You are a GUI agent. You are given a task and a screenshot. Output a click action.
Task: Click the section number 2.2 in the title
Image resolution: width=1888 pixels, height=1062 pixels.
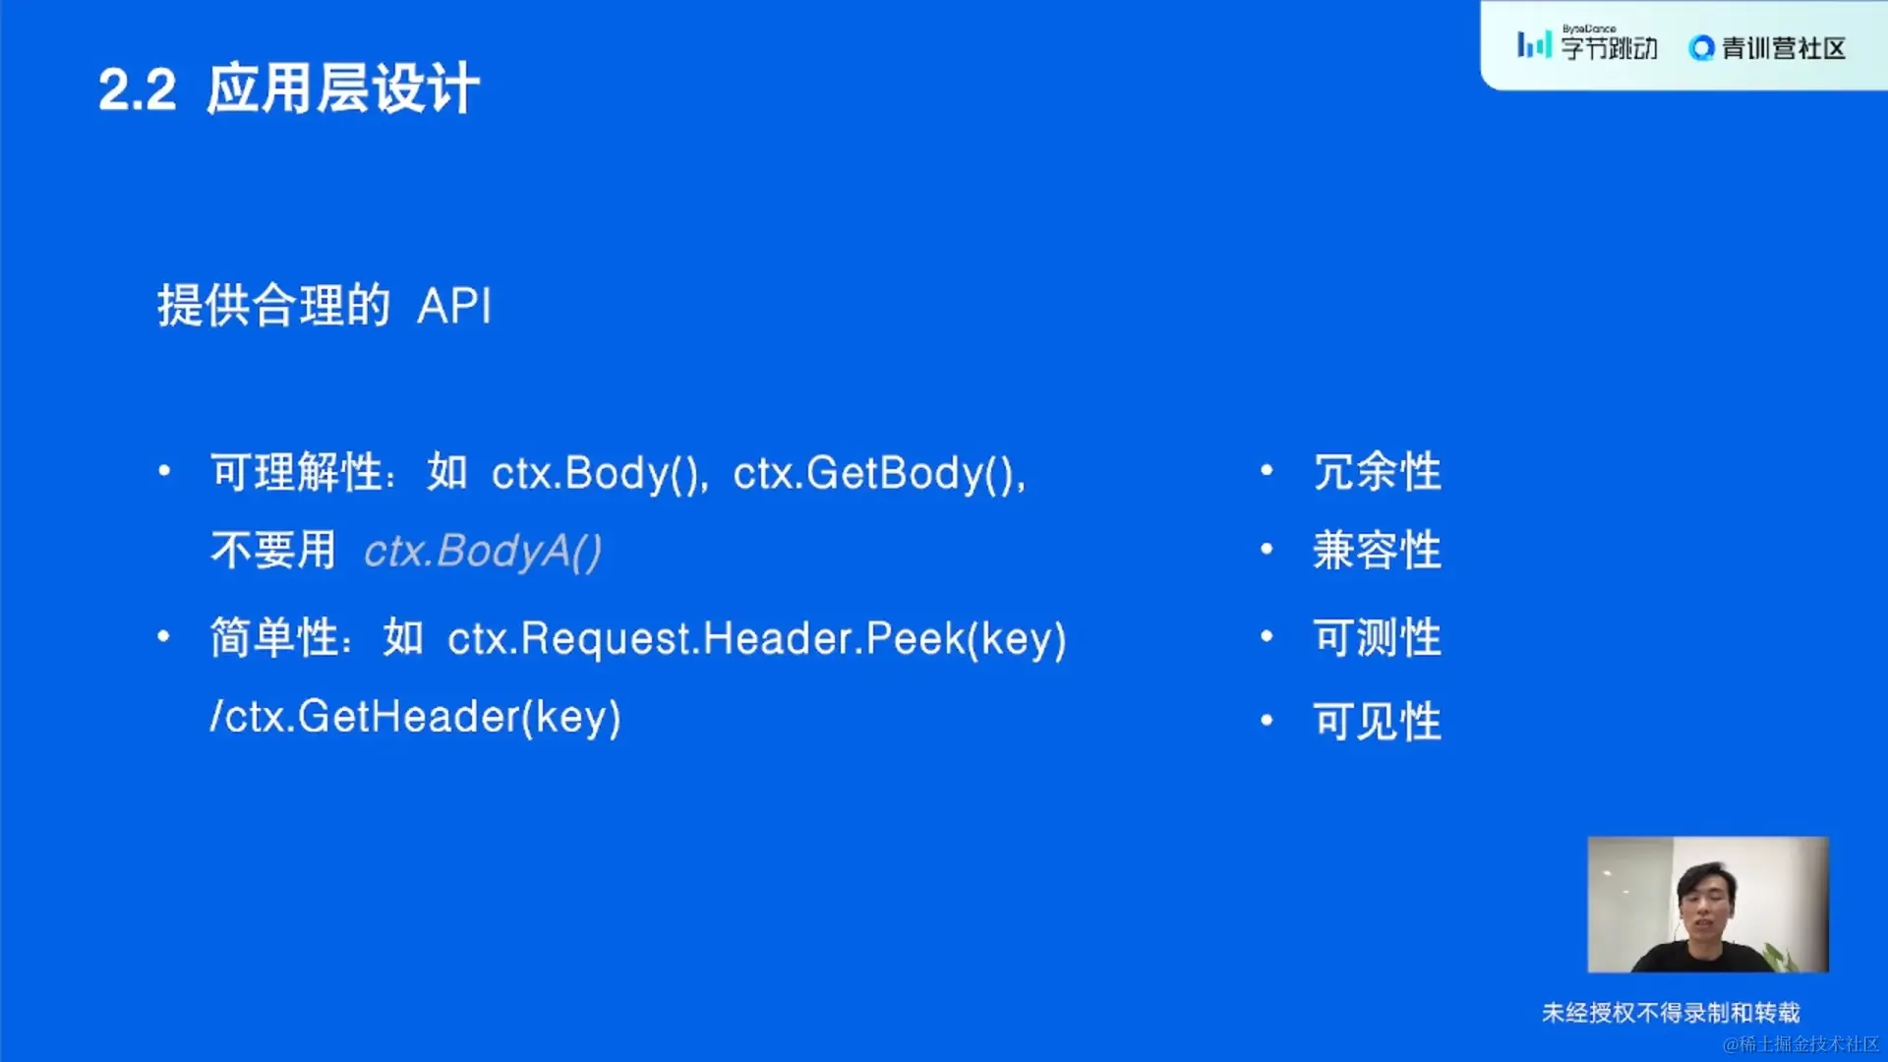click(138, 90)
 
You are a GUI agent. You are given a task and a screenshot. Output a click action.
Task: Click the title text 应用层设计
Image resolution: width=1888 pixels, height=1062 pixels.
click(343, 88)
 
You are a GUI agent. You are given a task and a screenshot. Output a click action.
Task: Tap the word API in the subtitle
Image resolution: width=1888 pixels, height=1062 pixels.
click(454, 306)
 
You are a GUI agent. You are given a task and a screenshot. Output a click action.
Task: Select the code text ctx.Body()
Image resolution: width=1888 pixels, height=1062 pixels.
click(597, 473)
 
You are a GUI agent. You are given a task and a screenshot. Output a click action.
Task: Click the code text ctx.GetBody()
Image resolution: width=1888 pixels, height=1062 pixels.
click(876, 473)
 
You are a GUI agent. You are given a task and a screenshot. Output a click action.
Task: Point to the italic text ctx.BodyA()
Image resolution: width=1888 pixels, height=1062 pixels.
click(483, 552)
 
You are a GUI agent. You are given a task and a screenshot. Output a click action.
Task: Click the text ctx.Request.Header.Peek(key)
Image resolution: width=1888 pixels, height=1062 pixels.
click(757, 639)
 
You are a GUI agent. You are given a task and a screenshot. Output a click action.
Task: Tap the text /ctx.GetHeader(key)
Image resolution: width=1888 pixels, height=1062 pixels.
click(416, 717)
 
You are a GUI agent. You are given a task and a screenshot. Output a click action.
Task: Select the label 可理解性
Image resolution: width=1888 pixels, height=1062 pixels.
click(296, 473)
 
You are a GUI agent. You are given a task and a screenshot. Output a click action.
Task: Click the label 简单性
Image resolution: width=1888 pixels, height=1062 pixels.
click(274, 638)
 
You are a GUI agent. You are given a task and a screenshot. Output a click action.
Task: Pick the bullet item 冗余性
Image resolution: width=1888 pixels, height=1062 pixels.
click(1378, 473)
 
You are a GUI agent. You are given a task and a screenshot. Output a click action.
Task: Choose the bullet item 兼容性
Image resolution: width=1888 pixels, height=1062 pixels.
click(1378, 551)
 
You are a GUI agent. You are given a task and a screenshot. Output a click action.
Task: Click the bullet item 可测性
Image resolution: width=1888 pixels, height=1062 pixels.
click(1378, 638)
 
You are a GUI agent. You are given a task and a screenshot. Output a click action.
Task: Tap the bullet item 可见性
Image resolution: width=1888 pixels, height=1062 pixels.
click(1378, 722)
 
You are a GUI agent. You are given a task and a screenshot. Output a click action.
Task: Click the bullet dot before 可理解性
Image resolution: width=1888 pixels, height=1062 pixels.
click(164, 471)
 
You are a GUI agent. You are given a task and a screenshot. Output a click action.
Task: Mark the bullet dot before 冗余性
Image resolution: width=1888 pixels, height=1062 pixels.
click(1267, 471)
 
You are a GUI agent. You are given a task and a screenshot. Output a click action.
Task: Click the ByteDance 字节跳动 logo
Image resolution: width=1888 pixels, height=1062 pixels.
click(1587, 44)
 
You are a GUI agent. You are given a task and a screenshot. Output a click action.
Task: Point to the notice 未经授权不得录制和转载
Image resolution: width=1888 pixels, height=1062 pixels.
click(1671, 1013)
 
